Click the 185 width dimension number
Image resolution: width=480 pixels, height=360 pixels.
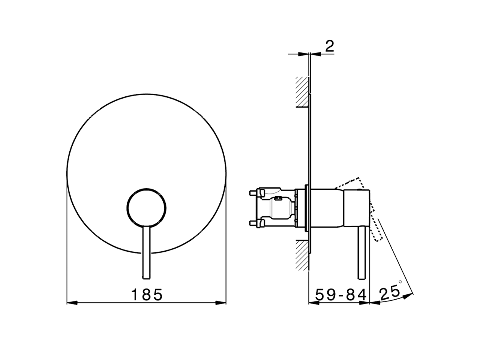point(147,295)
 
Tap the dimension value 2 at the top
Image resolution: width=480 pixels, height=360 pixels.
point(329,46)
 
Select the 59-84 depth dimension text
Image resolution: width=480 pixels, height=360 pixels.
point(340,295)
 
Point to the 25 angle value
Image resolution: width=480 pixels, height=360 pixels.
point(388,293)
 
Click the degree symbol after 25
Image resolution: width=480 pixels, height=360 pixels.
point(400,281)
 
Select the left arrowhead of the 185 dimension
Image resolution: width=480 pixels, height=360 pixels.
point(71,303)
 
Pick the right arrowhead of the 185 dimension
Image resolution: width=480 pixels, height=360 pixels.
point(222,303)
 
